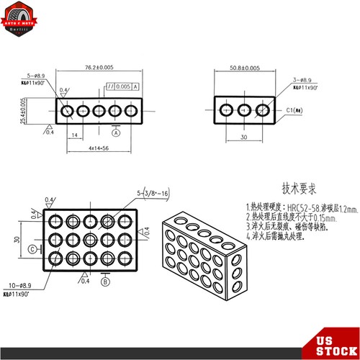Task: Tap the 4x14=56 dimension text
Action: (99, 149)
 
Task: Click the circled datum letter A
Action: (116, 132)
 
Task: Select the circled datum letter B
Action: (105, 282)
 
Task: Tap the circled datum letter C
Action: (33, 249)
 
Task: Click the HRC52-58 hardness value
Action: (289, 205)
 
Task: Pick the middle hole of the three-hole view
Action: (245, 111)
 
